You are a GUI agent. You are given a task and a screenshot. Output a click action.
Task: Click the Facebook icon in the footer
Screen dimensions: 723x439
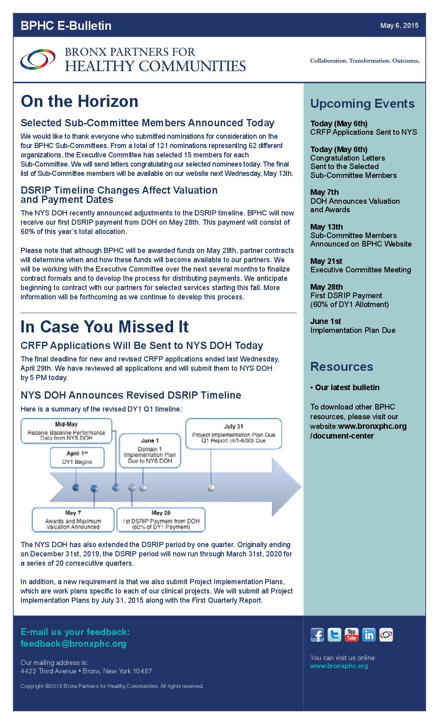317,635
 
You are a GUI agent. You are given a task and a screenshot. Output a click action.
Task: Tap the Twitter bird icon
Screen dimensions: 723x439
334,635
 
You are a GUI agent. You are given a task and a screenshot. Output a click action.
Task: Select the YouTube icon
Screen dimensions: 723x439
351,635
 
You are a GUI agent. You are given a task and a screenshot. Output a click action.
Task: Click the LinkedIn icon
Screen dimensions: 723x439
369,635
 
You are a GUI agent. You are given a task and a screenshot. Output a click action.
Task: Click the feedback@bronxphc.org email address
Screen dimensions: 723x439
73,644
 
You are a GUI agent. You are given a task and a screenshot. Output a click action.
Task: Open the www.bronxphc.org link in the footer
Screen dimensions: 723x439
339,666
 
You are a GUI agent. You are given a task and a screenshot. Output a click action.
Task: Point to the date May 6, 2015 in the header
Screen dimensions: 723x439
399,25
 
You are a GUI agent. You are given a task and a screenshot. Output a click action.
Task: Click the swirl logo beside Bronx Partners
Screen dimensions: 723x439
38,60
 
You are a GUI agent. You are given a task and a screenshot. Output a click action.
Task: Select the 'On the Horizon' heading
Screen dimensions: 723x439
79,101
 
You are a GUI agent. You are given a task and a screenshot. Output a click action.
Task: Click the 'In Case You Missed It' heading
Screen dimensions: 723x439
105,327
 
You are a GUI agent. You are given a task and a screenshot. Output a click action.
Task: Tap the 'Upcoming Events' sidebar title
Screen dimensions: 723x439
362,104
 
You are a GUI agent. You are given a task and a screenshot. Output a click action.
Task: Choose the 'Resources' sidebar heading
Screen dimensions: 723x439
342,367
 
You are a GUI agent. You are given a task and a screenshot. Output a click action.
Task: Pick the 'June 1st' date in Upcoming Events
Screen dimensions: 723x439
326,321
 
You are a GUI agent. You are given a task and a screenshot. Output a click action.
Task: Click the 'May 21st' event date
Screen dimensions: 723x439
326,261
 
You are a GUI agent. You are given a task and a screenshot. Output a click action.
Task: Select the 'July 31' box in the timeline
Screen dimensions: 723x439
234,433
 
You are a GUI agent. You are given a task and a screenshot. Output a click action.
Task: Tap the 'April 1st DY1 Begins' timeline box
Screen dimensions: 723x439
77,458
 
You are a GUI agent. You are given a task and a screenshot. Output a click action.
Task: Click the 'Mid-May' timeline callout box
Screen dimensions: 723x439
66,431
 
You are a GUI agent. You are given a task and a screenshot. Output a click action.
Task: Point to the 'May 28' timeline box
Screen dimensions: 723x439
161,520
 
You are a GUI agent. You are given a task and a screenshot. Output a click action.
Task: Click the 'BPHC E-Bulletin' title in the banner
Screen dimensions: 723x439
66,25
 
